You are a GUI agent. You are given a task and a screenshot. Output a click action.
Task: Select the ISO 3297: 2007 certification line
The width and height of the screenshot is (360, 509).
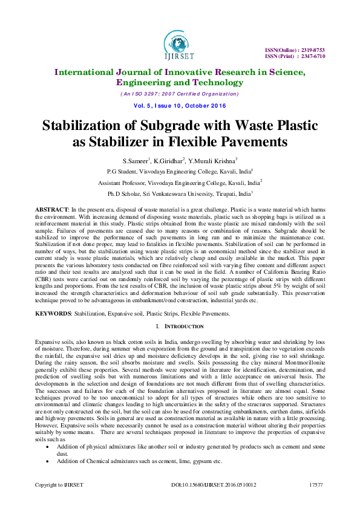coord(179,94)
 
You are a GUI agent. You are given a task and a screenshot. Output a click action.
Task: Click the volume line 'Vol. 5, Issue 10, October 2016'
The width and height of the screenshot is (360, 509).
coord(180,106)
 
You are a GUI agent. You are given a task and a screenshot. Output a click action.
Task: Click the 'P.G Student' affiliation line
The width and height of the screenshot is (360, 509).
coord(180,171)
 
